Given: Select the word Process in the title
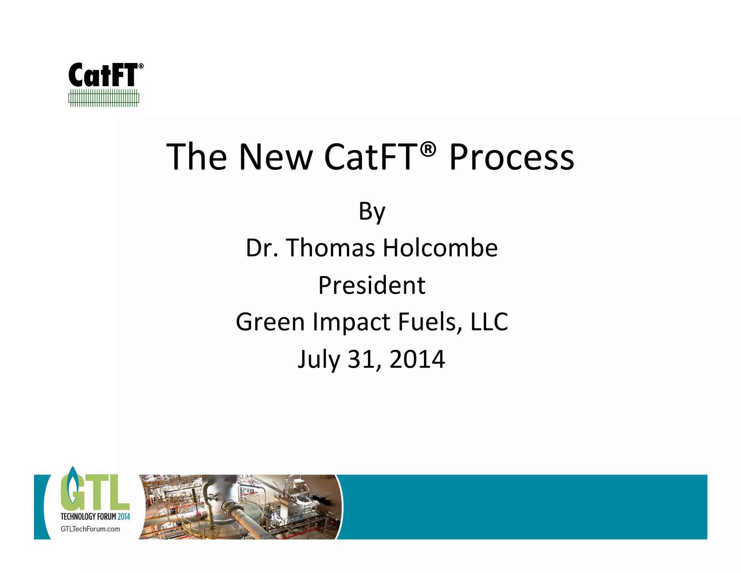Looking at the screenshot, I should (512, 158).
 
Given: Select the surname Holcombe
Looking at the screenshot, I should (440, 248).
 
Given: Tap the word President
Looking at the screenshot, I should (372, 285).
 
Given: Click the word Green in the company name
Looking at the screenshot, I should (270, 322).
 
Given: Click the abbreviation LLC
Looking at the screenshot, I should (489, 322).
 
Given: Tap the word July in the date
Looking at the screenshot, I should (318, 360).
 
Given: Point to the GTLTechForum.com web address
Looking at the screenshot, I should (90, 529).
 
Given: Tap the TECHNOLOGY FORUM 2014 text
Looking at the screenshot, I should (95, 516).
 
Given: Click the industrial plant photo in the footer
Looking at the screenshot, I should (241, 507).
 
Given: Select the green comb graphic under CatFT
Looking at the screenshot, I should (104, 98).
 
